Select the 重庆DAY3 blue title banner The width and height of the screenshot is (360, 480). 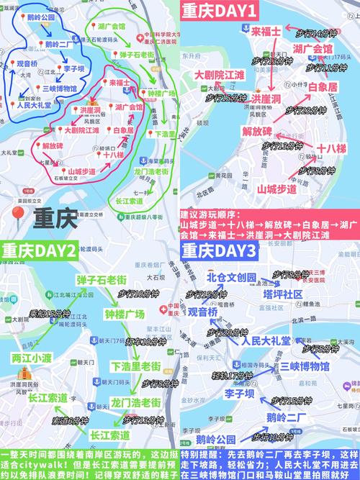pyautogui.click(x=219, y=251)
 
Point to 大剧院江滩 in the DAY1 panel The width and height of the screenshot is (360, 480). pyautogui.click(x=217, y=74)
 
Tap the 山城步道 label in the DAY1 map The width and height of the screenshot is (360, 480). pyautogui.click(x=276, y=189)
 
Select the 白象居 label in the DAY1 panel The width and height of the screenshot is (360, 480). pyautogui.click(x=322, y=87)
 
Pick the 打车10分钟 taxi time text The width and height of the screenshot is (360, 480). pyautogui.click(x=145, y=340)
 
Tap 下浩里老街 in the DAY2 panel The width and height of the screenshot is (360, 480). pyautogui.click(x=135, y=366)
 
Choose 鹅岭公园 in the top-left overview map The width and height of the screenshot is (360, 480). pyautogui.click(x=37, y=17)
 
